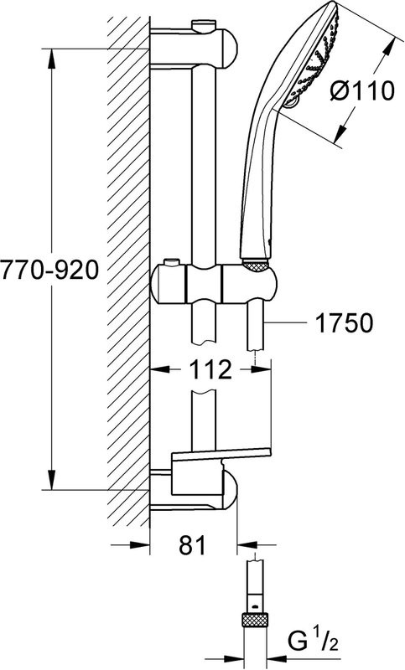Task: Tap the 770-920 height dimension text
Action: click(x=50, y=271)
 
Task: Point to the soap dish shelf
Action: click(x=222, y=456)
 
